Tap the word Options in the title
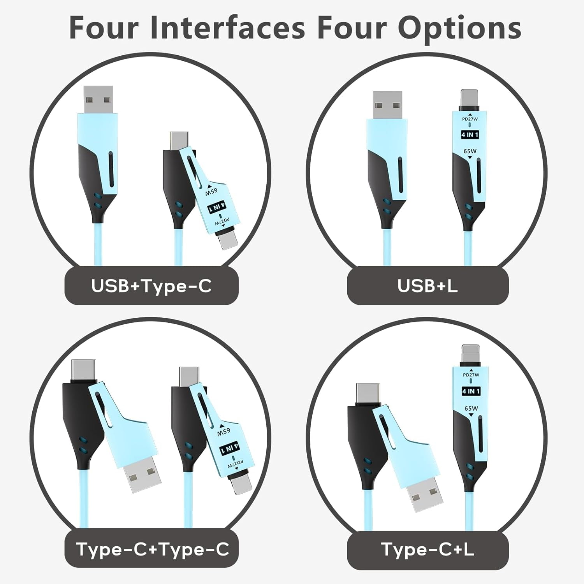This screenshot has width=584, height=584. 459,28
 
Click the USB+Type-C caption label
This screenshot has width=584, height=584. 151,286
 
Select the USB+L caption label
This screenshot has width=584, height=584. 427,286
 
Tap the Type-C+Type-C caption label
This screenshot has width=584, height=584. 152,549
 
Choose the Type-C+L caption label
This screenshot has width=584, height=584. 427,549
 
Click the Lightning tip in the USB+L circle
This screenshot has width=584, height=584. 470,100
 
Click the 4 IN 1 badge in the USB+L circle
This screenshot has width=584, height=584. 470,135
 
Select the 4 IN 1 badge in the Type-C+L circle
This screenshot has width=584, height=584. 471,391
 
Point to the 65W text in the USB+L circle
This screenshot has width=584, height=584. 470,151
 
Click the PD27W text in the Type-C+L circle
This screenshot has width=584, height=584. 471,375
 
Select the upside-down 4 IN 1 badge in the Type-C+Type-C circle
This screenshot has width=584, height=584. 230,449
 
